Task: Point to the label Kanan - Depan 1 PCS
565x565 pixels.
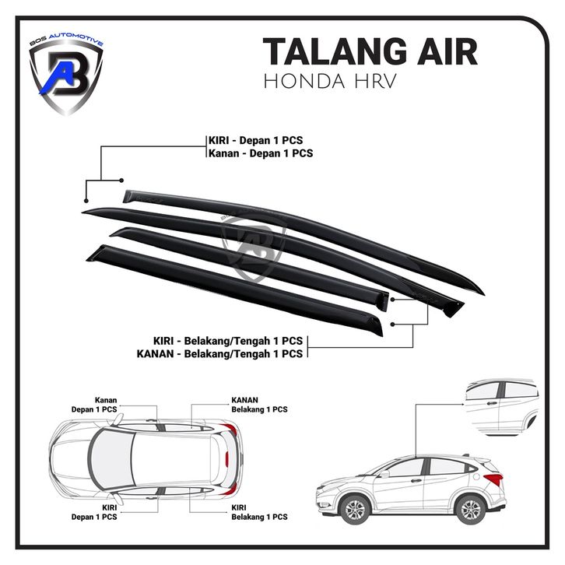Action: pos(260,153)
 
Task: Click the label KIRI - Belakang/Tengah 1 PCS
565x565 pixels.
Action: pos(228,341)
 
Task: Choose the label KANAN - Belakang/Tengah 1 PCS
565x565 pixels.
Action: pos(228,354)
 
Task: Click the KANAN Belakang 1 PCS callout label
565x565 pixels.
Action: pos(258,403)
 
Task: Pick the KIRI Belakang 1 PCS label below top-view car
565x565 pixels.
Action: pos(258,511)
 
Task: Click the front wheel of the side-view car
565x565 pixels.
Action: pos(355,510)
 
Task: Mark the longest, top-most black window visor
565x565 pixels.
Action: pos(311,226)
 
